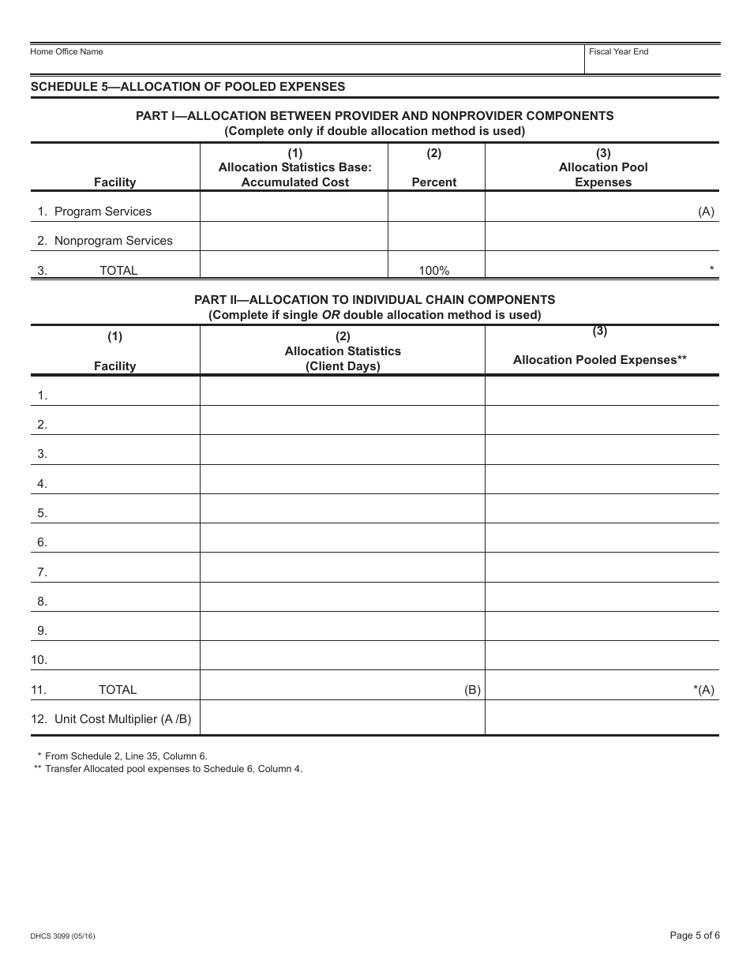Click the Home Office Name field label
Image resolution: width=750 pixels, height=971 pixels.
[66, 52]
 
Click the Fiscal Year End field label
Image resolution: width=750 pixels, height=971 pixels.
[618, 52]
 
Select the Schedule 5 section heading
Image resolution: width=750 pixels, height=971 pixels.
[187, 87]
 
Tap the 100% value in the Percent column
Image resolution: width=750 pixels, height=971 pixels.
[433, 271]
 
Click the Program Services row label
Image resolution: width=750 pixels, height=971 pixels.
[103, 212]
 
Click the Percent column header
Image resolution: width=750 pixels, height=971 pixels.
[433, 182]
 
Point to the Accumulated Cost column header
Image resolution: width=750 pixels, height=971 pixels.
[294, 182]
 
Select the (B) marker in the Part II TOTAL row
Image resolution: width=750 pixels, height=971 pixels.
[471, 690]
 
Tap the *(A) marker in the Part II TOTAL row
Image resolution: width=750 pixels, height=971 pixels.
[703, 690]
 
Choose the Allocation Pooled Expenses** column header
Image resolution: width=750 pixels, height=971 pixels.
[599, 360]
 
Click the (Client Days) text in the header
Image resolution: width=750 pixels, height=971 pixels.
[343, 366]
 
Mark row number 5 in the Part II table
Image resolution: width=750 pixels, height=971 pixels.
[42, 513]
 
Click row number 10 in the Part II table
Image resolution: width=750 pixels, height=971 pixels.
[39, 660]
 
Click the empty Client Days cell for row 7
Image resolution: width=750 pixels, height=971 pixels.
[342, 572]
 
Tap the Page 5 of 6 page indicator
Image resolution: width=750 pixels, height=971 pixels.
[694, 935]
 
